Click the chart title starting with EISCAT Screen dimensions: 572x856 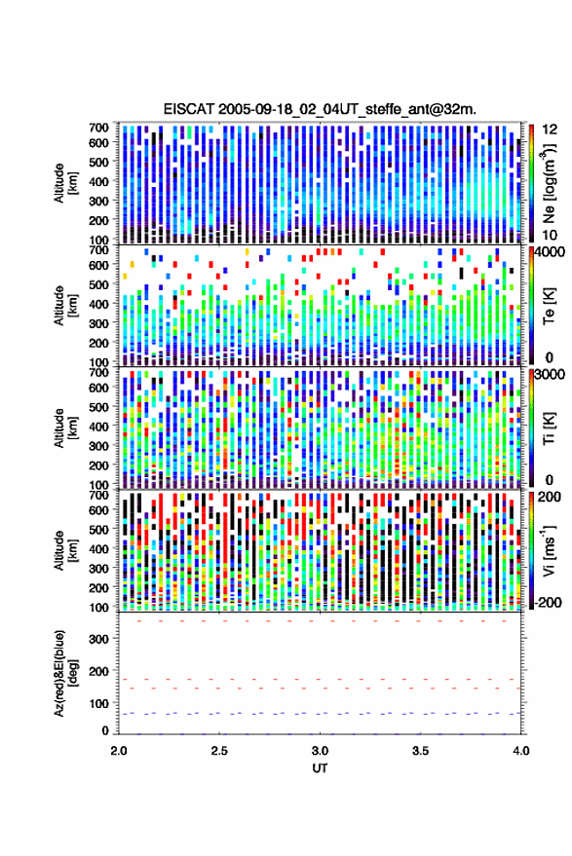[320, 109]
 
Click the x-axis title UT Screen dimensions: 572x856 [320, 768]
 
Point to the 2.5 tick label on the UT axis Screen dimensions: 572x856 [219, 751]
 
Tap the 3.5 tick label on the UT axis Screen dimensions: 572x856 [420, 751]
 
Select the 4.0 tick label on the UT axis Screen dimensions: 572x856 [520, 751]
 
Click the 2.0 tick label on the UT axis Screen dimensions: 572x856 [119, 751]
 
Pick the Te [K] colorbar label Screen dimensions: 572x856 [549, 306]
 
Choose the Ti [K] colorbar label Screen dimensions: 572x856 [549, 428]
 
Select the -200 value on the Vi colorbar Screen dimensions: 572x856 [547, 603]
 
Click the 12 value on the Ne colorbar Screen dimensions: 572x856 [551, 130]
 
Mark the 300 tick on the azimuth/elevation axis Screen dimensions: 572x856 [98, 639]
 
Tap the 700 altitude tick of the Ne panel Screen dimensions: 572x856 [98, 128]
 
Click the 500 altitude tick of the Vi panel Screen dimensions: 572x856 [98, 529]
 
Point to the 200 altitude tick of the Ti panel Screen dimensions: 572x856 [98, 465]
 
